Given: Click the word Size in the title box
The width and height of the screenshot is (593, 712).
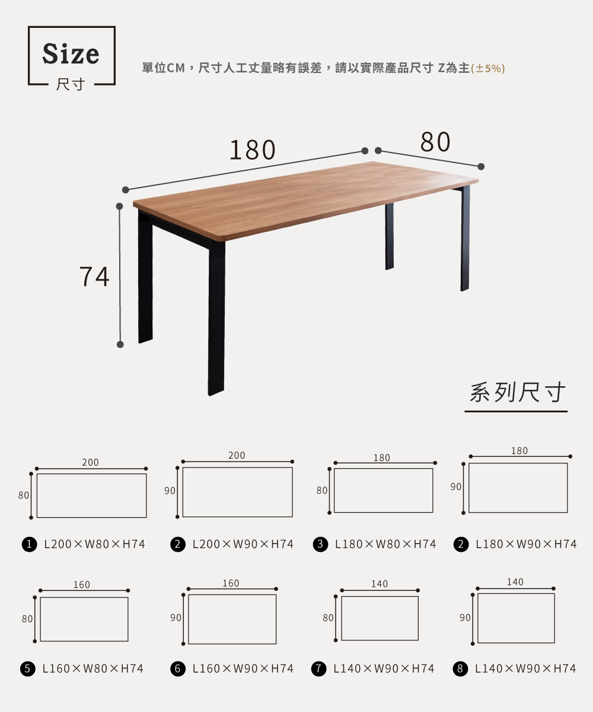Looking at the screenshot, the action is (x=71, y=53).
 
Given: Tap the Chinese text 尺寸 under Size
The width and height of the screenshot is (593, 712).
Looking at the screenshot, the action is (x=71, y=84).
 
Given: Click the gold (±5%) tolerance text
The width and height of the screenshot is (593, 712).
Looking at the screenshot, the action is (x=487, y=69).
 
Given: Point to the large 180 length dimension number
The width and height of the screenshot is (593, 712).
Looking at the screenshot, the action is (x=253, y=150).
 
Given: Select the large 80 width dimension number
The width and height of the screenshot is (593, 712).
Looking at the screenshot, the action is (x=435, y=142).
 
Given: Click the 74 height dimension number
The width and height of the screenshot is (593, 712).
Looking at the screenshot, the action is (x=94, y=276).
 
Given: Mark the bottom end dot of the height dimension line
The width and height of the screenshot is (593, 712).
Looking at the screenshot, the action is (x=120, y=344).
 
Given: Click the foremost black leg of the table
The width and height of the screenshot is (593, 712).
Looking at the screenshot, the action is (x=216, y=317).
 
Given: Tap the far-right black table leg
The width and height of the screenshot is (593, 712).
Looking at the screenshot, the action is (x=465, y=238).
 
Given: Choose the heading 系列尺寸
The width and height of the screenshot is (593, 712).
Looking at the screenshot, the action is (x=517, y=392).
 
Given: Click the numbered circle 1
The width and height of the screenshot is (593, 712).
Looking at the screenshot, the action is (x=29, y=544).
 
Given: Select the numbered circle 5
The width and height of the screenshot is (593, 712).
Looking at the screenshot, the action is (x=28, y=668).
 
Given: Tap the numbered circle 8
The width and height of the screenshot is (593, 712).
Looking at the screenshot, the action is (x=460, y=668).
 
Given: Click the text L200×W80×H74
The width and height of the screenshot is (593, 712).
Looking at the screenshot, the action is (x=95, y=544).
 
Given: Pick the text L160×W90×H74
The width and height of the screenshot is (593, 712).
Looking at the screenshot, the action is (x=243, y=668).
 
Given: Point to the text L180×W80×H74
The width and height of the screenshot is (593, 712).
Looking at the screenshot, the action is (x=385, y=544).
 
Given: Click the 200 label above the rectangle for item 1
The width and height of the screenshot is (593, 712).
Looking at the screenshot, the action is (x=90, y=462).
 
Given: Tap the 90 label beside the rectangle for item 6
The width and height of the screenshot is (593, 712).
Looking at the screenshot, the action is (x=176, y=618).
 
